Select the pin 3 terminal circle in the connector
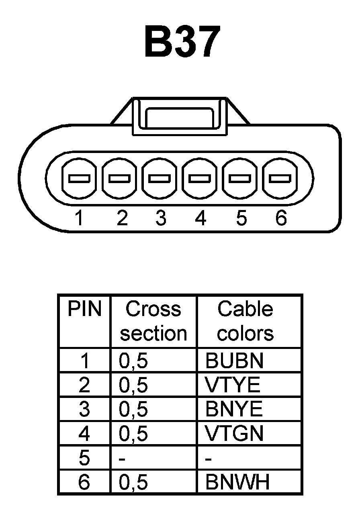click(x=159, y=178)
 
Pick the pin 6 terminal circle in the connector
click(x=280, y=178)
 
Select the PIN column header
click(x=84, y=309)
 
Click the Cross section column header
click(x=153, y=321)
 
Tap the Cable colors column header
click(x=245, y=321)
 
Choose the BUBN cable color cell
click(x=234, y=361)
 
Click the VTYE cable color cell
click(x=233, y=385)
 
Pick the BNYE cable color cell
click(x=234, y=409)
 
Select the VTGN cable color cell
click(x=234, y=433)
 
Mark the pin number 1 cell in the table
click(x=84, y=361)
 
